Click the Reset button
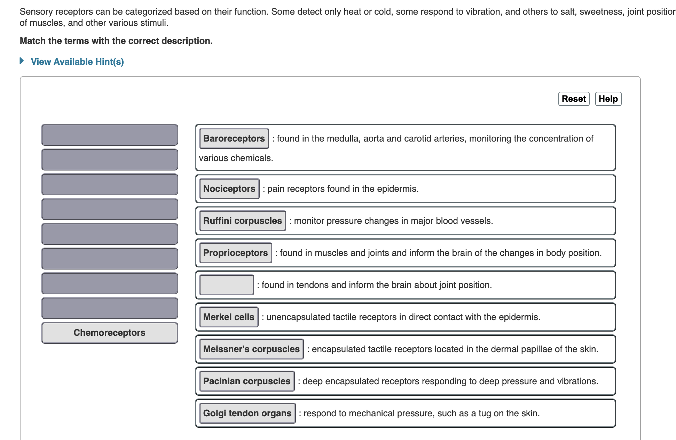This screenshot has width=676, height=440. tap(574, 99)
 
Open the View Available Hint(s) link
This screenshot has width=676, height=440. tap(77, 62)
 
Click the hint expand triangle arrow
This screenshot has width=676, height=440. tap(22, 61)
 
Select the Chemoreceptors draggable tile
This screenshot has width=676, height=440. tap(110, 333)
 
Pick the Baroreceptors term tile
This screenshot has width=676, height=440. tap(234, 138)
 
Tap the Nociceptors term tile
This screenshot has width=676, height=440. tap(229, 189)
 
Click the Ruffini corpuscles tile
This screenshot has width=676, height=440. tap(242, 221)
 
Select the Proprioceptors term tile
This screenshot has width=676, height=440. tap(235, 253)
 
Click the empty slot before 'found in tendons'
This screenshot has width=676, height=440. tap(227, 285)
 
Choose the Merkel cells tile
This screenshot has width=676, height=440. tap(229, 317)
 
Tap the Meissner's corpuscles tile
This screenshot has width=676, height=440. tap(251, 349)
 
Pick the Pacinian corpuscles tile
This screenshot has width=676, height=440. tap(247, 381)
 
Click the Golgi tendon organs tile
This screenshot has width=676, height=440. tap(247, 413)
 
